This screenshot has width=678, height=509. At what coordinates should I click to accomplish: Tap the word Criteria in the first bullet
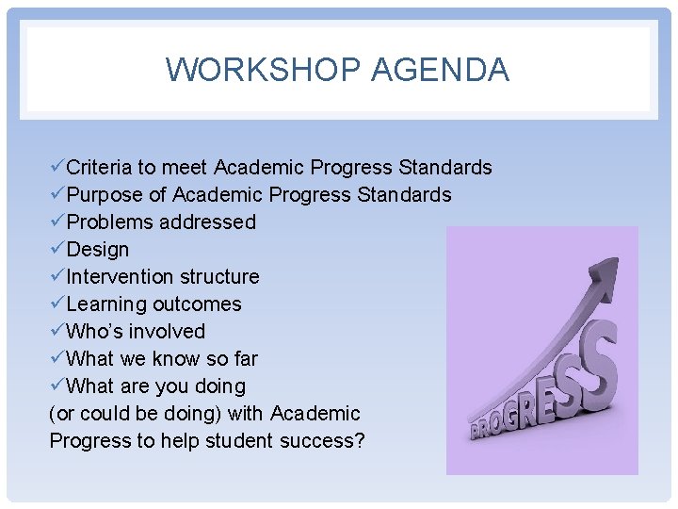click(x=99, y=168)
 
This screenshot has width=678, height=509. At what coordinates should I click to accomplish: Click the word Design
click(x=98, y=250)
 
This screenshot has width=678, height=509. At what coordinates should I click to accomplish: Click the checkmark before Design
click(x=56, y=249)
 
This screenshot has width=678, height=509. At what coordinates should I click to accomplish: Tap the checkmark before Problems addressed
click(x=56, y=222)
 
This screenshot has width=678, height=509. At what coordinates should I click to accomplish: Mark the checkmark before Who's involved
click(x=56, y=331)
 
